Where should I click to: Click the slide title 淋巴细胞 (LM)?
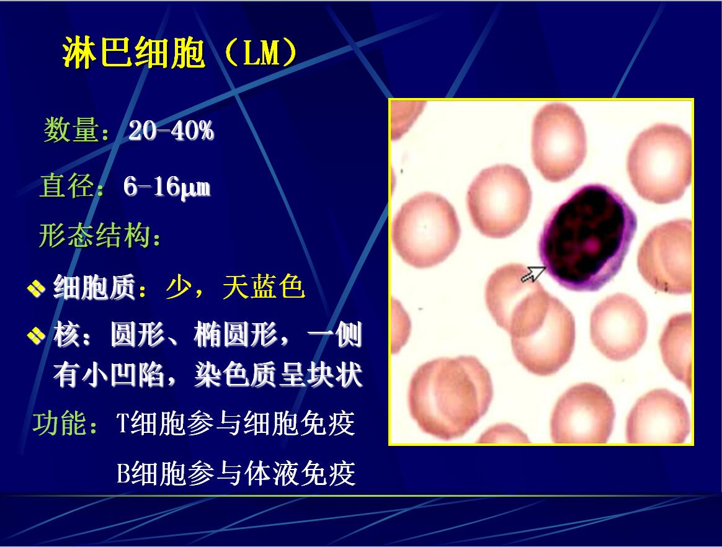180,53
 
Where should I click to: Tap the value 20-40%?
171,131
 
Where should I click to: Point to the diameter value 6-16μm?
167,187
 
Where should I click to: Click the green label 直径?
67,186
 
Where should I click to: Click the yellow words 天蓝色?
264,287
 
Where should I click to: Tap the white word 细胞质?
94,287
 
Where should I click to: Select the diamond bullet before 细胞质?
36,288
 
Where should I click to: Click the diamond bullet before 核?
36,335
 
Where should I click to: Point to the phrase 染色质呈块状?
279,375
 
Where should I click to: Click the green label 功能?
60,424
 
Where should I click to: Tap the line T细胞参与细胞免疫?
235,423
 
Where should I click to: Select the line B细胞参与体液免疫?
236,473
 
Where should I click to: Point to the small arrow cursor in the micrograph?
534,274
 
